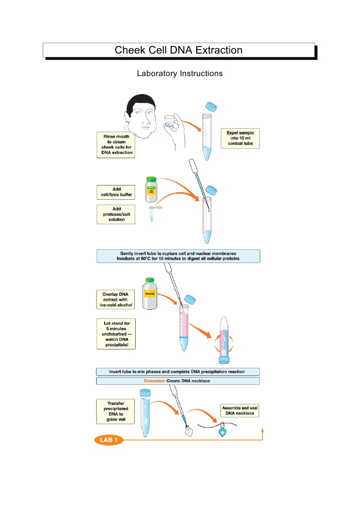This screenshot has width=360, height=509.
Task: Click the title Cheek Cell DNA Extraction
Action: pos(179,50)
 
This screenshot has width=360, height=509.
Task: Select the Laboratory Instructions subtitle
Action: pos(179,74)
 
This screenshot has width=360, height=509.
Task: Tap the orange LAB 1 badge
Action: pos(108,440)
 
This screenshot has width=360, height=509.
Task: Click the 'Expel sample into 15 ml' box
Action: pos(240,138)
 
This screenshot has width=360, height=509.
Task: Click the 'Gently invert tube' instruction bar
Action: pos(178,256)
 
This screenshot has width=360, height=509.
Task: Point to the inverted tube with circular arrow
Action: pos(223,340)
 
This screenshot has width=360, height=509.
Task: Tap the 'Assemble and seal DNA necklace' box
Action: pos(240,410)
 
